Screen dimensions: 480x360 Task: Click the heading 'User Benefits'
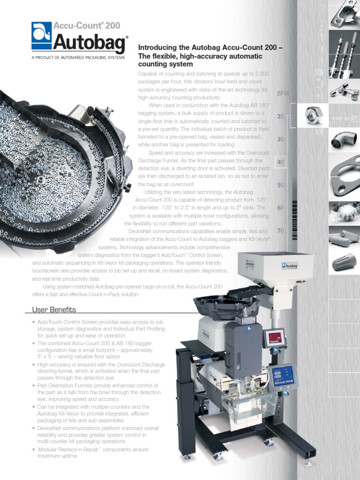[x=54, y=310]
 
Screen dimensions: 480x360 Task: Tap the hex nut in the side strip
[x=312, y=114]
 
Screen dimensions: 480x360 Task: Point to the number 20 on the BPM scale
[x=280, y=116]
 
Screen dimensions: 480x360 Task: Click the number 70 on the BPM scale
[x=280, y=231]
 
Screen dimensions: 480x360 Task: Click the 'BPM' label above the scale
[x=283, y=93]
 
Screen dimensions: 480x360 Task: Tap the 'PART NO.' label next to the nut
[x=341, y=119]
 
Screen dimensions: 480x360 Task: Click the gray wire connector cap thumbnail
[x=344, y=262]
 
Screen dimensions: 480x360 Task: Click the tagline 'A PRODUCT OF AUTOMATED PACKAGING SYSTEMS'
[x=78, y=57]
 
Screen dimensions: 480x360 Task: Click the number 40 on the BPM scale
[x=280, y=162]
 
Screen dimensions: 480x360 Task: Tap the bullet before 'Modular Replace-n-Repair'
[x=34, y=450]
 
